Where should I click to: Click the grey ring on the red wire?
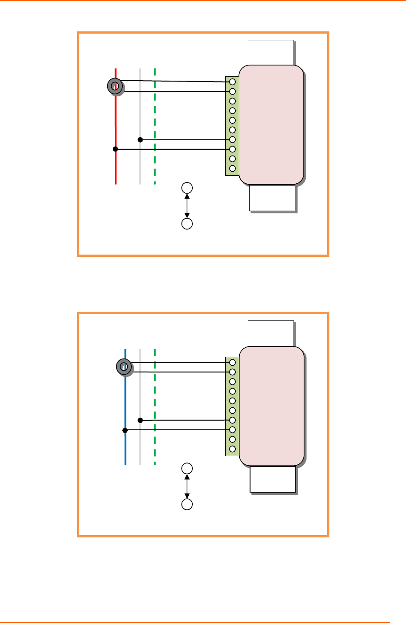click(115, 86)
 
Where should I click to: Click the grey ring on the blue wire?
click(124, 367)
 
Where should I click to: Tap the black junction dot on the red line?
click(115, 149)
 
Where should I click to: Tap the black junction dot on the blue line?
click(125, 430)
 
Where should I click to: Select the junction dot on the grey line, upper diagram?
click(140, 140)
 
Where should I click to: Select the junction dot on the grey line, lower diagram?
click(140, 420)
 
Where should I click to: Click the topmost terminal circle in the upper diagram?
click(232, 82)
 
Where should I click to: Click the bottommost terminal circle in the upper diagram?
click(232, 169)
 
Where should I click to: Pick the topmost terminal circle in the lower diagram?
click(232, 363)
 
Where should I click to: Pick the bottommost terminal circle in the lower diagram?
click(232, 449)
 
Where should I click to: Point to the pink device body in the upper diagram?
click(271, 125)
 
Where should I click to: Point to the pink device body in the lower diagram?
click(271, 406)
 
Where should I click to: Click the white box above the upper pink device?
click(271, 52)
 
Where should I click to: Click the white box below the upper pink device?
click(272, 198)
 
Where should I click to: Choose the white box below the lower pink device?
click(272, 479)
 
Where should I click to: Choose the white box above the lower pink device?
click(271, 333)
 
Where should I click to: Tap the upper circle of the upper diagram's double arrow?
click(187, 188)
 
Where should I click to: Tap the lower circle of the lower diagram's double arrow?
click(187, 504)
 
